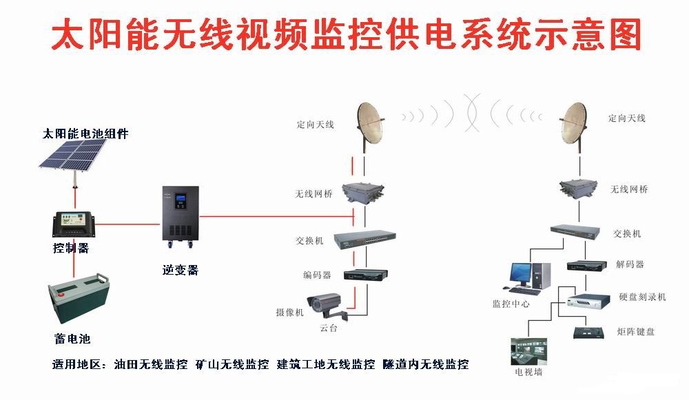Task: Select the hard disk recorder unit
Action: (x=588, y=299)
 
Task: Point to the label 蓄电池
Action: (x=72, y=339)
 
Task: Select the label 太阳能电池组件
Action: (x=85, y=134)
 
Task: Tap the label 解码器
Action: (x=630, y=264)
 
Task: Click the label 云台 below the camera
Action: (x=329, y=329)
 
